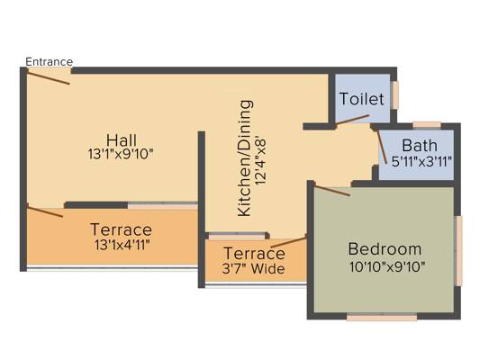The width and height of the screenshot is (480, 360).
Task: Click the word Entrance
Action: coord(49,61)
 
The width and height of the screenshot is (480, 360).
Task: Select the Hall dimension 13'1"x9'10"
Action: coord(121,154)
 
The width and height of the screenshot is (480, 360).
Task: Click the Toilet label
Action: coord(362,99)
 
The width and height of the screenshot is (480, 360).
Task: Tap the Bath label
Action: coord(419,146)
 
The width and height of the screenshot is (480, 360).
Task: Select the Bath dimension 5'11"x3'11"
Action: coord(421,162)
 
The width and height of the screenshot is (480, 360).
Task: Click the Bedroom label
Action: coord(385,248)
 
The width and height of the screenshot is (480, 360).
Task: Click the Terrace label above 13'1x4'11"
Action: coord(121,229)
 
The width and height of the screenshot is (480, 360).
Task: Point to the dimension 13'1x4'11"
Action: coord(121,245)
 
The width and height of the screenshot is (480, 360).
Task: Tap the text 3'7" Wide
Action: coord(254,268)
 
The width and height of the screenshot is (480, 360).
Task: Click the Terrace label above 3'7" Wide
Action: coord(254,253)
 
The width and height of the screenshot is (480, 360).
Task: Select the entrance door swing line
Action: coord(49,78)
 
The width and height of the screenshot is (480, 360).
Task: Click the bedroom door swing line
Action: coord(331,190)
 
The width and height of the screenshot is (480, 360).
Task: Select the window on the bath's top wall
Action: coord(426,124)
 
